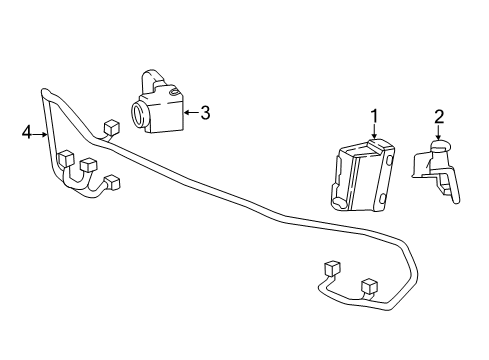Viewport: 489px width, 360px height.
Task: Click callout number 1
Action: pos(375,116)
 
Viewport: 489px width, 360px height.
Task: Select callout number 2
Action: pos(439,117)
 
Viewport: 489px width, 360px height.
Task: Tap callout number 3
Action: pos(205,113)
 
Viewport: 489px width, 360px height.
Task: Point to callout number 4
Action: pos(27,133)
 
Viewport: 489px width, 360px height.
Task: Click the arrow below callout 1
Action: pos(375,132)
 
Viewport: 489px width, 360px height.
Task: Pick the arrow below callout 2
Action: pos(439,132)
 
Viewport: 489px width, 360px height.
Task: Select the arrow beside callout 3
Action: pos(192,113)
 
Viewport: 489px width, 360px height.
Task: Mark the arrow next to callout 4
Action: pos(40,134)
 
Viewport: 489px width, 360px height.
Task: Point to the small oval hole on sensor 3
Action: pos(173,92)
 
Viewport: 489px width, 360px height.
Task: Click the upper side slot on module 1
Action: pos(389,160)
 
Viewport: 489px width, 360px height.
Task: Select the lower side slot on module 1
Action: pos(382,198)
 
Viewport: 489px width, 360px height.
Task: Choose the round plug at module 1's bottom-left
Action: pos(339,203)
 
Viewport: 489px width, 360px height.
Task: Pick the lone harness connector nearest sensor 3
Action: pos(112,128)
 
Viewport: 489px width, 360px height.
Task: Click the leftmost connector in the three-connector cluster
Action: pos(65,159)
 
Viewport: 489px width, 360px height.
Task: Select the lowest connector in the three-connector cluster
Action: pos(112,183)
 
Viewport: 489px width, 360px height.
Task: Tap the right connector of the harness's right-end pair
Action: pos(369,286)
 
